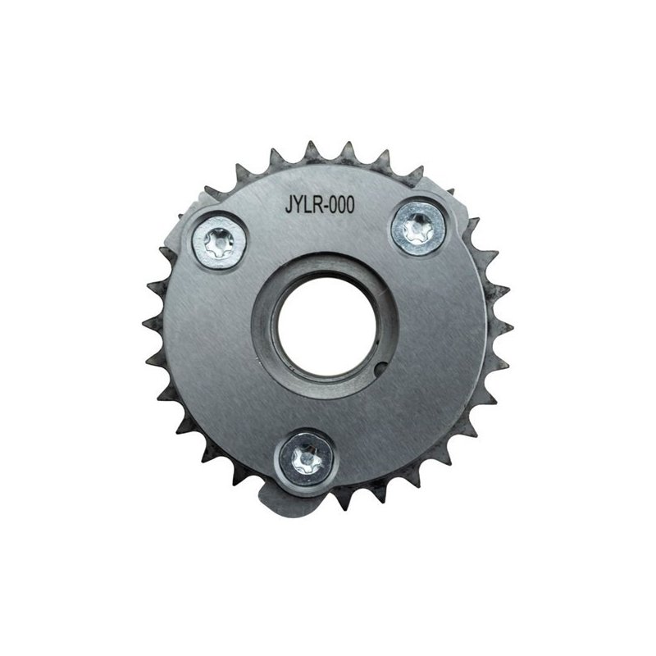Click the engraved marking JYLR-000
coord(320,205)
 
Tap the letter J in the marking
coord(289,205)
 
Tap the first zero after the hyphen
coord(335,205)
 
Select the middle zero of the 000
coord(343,205)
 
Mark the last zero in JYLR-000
coord(351,205)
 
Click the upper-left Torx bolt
coord(219,244)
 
